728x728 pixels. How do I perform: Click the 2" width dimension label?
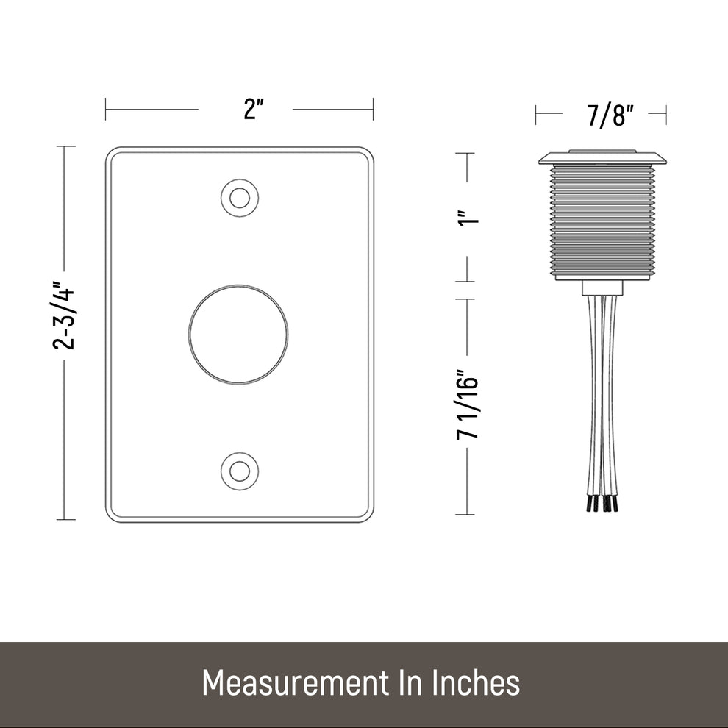[254, 110]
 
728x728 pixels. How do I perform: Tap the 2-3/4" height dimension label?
[63, 315]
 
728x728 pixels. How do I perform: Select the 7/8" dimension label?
[610, 115]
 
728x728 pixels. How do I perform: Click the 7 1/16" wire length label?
[468, 404]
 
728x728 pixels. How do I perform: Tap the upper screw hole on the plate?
[240, 199]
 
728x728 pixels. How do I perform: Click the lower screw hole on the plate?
[240, 471]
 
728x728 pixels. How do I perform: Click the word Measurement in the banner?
[296, 683]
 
